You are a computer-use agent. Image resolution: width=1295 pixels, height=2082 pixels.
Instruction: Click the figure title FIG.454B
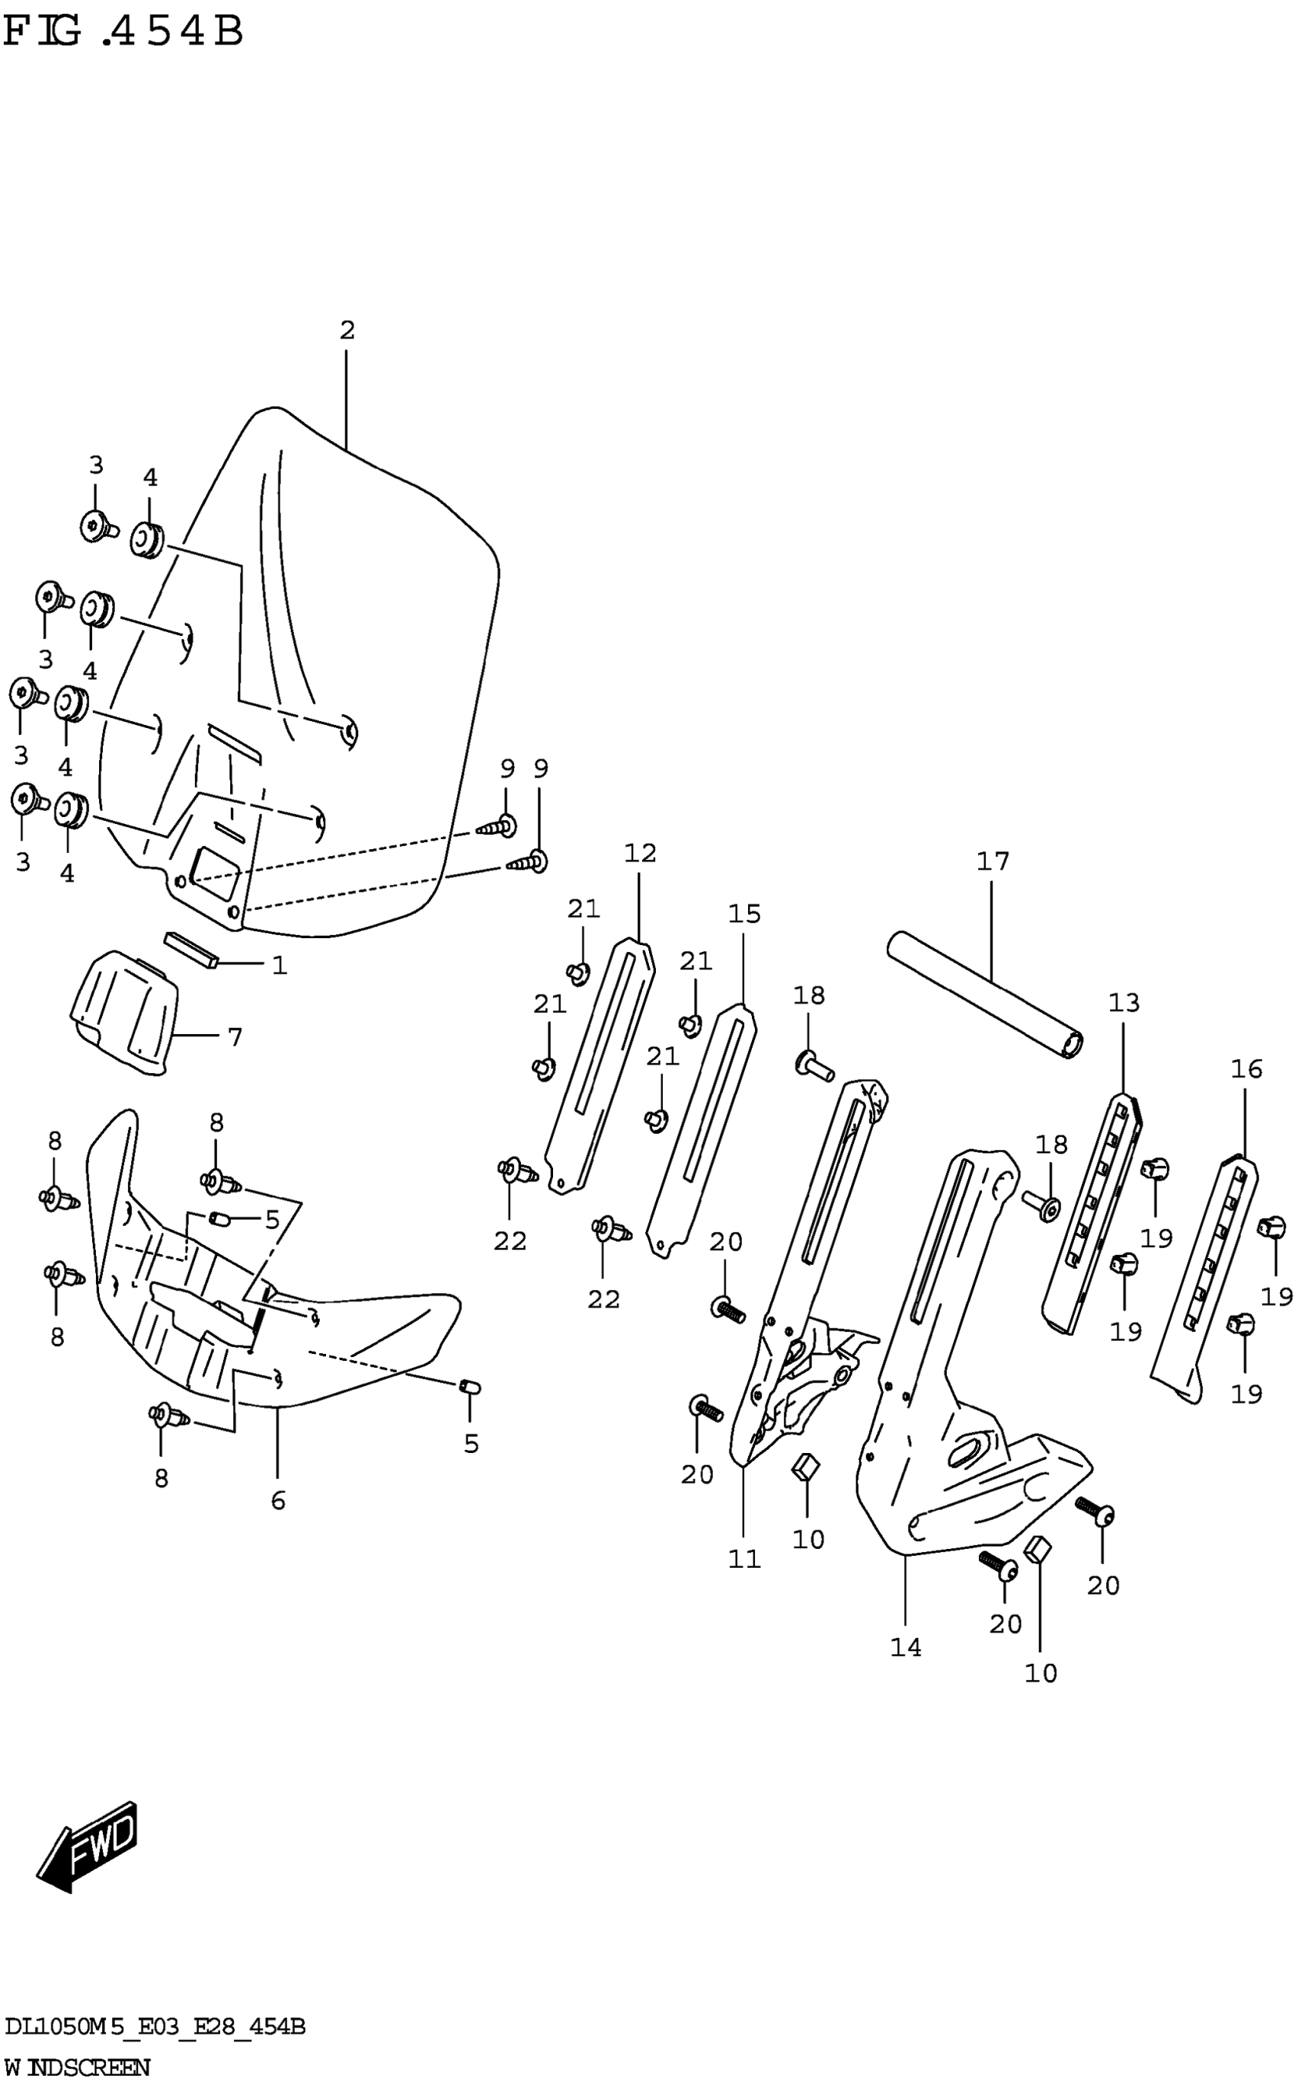(123, 32)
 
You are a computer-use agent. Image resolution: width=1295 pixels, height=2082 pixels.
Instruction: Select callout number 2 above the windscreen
(347, 330)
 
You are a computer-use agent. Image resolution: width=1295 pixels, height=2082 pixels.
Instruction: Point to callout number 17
(993, 861)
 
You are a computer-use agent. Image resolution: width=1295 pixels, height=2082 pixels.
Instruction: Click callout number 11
(744, 1559)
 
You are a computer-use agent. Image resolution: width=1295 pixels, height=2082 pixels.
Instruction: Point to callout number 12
(640, 853)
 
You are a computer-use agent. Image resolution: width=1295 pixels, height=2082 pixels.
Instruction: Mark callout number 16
(1246, 1068)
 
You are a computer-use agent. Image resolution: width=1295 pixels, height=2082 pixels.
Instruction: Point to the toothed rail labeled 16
(1204, 1284)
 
